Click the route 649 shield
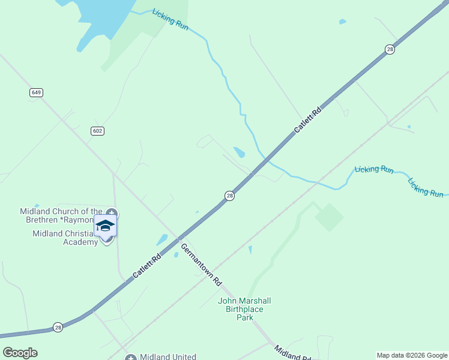tap(37, 92)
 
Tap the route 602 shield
tap(98, 131)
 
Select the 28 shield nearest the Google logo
tap(58, 327)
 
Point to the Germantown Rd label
tap(202, 265)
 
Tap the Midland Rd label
tap(292, 353)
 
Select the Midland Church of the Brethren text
tap(61, 215)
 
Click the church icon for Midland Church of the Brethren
tap(112, 214)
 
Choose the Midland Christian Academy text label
tap(65, 238)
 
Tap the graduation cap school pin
tap(105, 226)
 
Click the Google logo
tap(20, 352)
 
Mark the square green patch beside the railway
tap(329, 217)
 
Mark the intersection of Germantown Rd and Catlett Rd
tap(178, 239)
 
